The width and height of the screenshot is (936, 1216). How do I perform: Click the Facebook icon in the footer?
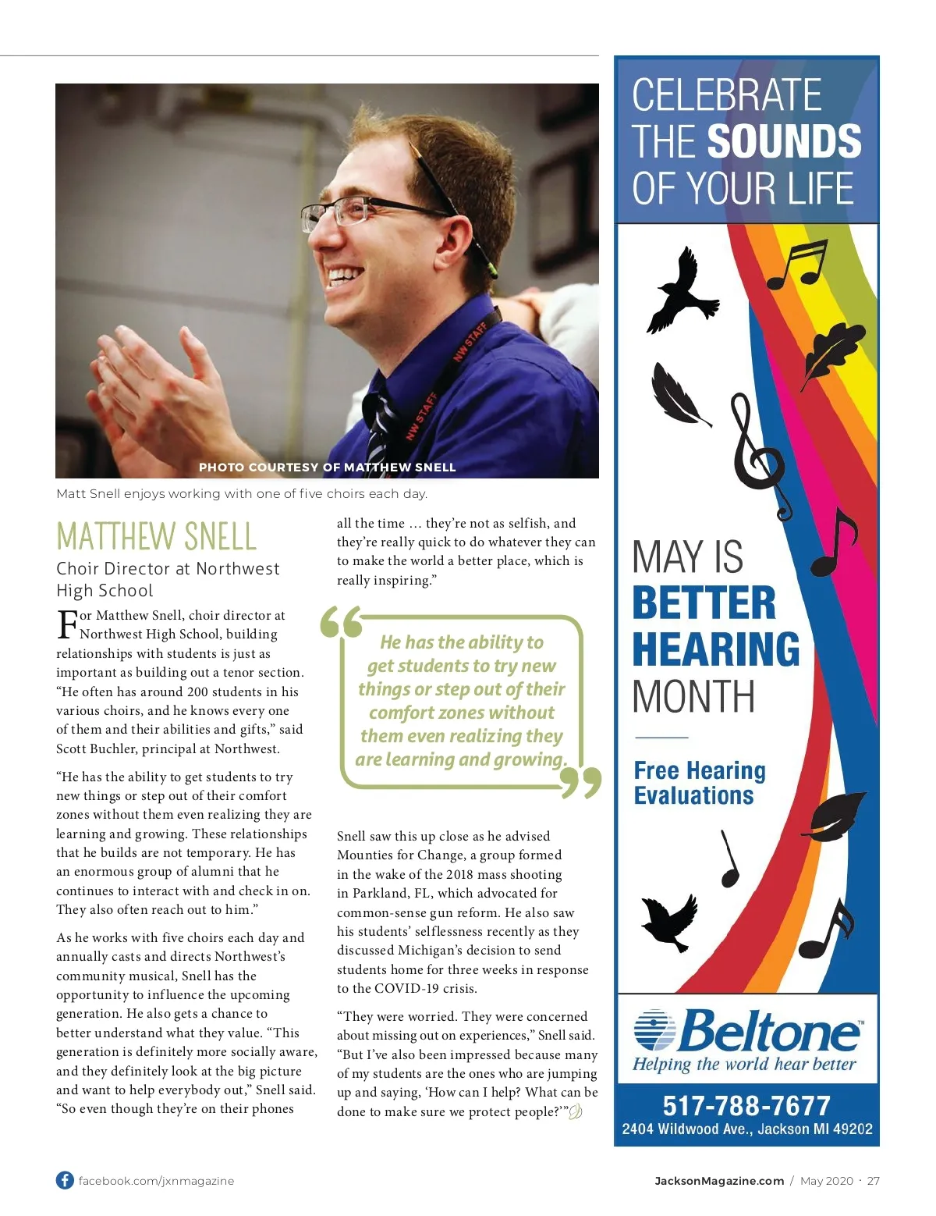coord(65,1180)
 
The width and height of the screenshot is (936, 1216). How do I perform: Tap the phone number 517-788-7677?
coord(746,1105)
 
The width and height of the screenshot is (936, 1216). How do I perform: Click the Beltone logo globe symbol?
coord(654,1029)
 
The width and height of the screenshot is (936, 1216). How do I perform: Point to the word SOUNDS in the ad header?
coord(784,141)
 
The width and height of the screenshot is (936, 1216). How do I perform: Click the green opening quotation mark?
coord(341,623)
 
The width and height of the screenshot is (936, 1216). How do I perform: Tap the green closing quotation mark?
coord(582,783)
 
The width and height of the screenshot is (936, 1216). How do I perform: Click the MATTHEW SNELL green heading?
coord(156,536)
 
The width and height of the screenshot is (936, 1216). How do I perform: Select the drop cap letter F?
coord(67,624)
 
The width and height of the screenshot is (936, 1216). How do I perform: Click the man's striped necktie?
coord(380,428)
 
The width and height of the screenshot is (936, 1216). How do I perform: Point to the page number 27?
coord(873,1181)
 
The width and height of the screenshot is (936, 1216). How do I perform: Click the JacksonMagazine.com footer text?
coord(718,1181)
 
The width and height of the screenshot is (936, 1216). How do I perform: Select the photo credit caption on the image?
coord(327,468)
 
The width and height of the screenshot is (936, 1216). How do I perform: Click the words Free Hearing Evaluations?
coord(699,783)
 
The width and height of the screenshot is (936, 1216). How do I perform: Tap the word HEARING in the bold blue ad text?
coord(715,649)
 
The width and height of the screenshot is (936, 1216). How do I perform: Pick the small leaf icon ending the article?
coord(576,1112)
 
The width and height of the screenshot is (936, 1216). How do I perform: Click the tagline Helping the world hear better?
coord(743,1065)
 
